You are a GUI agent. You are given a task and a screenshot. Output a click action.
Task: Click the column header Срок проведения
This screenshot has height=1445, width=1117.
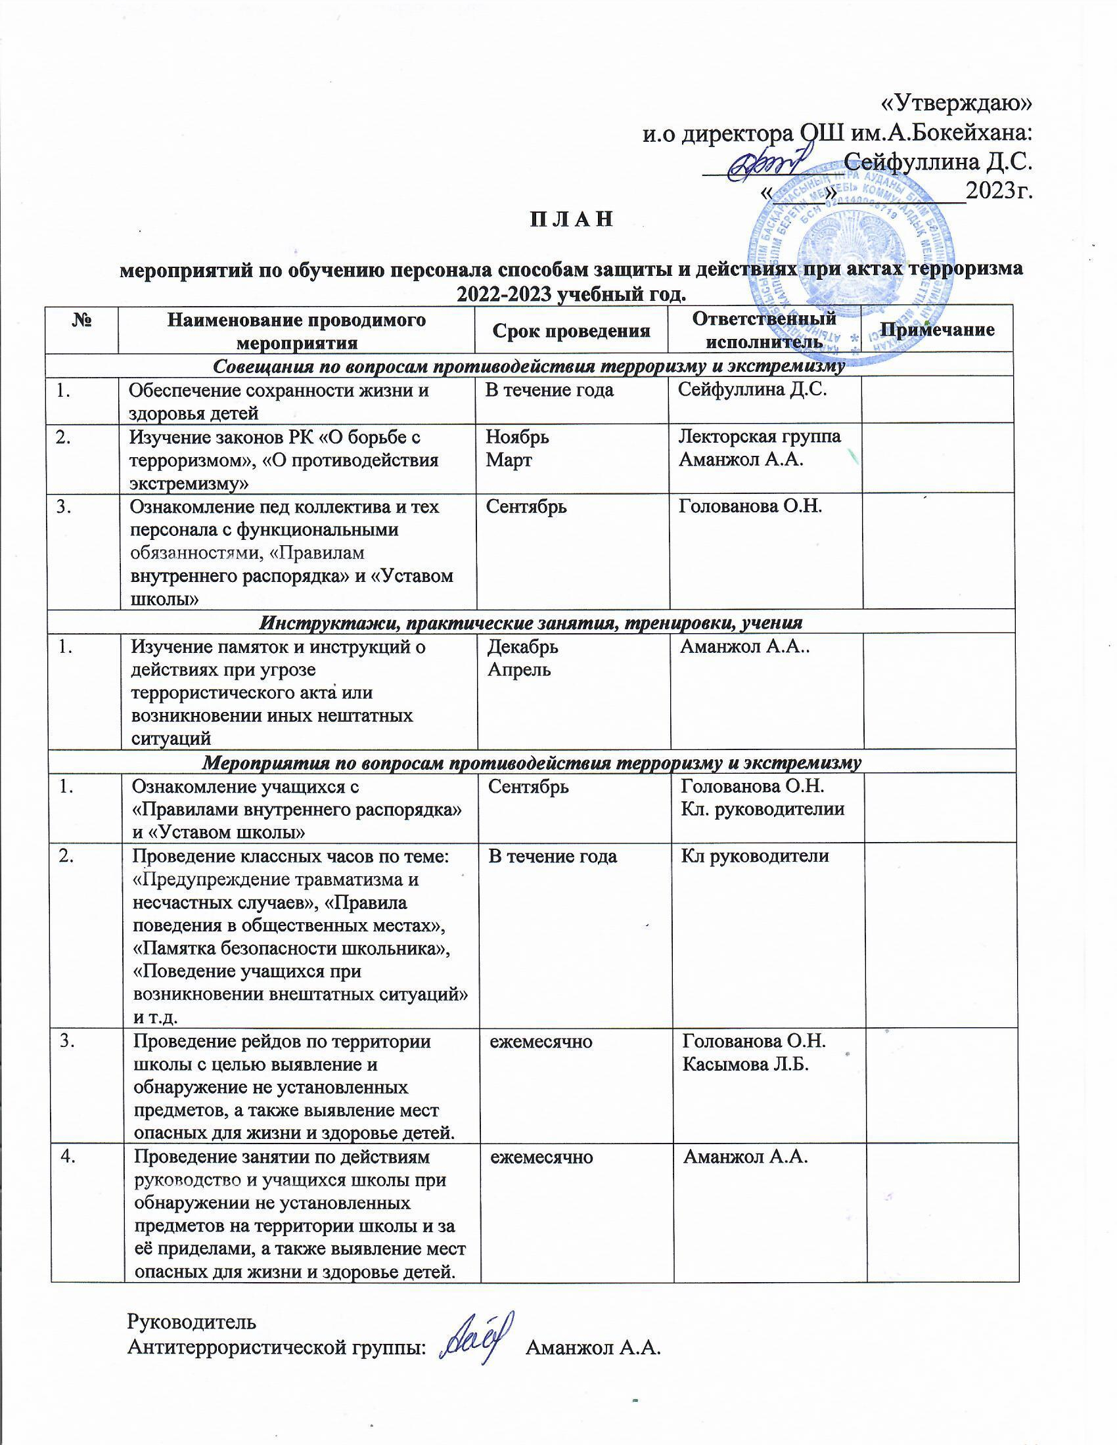pyautogui.click(x=571, y=330)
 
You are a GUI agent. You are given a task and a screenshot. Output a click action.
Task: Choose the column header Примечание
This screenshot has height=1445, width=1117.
pyautogui.click(x=937, y=330)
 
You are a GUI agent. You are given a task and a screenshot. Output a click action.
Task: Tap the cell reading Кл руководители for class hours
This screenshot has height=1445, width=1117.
pyautogui.click(x=754, y=856)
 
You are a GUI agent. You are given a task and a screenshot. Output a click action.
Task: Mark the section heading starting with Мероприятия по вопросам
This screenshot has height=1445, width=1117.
pyautogui.click(x=531, y=763)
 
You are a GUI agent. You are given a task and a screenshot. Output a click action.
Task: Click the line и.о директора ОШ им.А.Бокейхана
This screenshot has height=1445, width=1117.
pyautogui.click(x=838, y=133)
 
